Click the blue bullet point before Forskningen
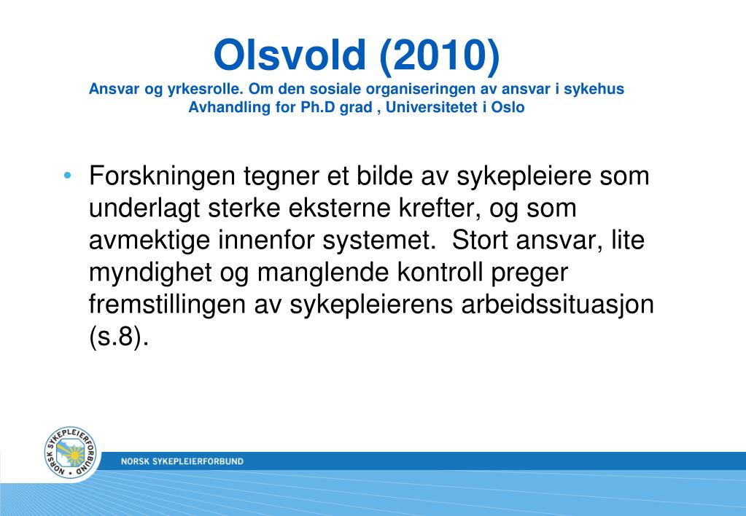68,176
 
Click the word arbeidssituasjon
556,304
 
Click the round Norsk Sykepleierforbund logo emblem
71,453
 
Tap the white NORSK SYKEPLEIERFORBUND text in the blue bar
182,461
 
